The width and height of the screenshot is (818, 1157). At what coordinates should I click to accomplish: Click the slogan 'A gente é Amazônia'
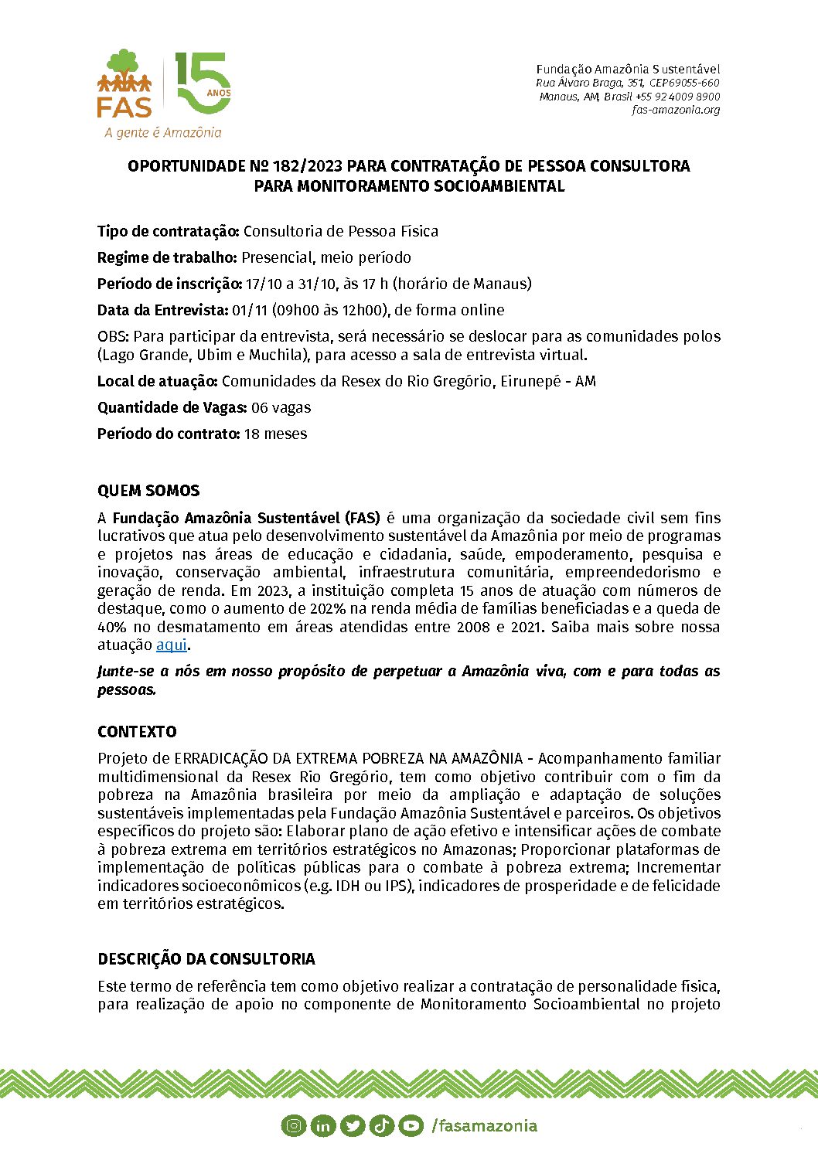point(163,132)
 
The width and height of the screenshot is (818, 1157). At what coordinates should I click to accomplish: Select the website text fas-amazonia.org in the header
point(675,110)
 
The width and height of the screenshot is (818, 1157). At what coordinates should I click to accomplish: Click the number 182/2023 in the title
point(307,166)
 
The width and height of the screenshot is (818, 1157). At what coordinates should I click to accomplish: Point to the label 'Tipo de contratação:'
point(169,231)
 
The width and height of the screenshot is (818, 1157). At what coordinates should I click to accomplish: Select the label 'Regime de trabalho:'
point(167,257)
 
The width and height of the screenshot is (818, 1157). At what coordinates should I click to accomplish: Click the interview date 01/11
point(249,310)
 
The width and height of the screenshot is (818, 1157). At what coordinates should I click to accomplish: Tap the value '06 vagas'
point(281,407)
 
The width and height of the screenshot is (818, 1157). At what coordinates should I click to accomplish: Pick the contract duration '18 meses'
point(275,434)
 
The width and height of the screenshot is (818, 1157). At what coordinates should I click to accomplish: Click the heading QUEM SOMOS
point(148,491)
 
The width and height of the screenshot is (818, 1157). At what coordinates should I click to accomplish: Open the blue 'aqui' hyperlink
point(172,645)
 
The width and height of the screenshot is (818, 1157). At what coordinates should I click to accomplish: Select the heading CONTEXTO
point(137,732)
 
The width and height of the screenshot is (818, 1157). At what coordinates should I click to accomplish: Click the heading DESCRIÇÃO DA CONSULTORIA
point(206,959)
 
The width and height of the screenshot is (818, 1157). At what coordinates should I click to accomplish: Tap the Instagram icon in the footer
point(294,1126)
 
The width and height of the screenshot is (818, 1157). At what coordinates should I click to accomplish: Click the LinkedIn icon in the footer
point(323,1126)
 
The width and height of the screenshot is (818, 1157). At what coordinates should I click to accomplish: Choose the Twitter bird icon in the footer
point(353,1126)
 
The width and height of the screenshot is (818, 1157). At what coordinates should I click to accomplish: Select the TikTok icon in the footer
point(382,1126)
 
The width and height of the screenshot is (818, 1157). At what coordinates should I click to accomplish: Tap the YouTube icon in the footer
point(411,1126)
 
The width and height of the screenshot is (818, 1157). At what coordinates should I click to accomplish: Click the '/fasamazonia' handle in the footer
point(484,1126)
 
